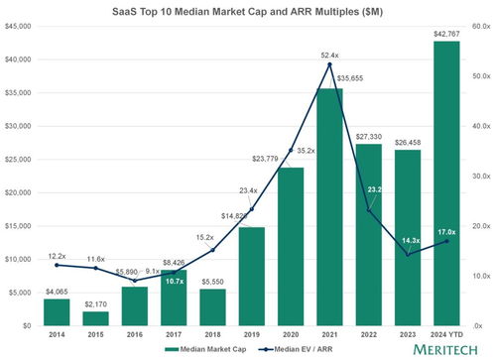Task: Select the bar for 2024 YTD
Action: coord(445,183)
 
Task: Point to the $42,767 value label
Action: coord(445,34)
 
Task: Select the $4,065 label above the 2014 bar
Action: coord(57,291)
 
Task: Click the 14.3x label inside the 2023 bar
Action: coord(407,241)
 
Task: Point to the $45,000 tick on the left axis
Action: coord(22,27)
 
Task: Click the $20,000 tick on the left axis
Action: coord(22,192)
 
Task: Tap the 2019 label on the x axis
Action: coord(251,334)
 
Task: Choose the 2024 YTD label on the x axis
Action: coord(445,334)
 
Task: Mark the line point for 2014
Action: coord(57,265)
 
